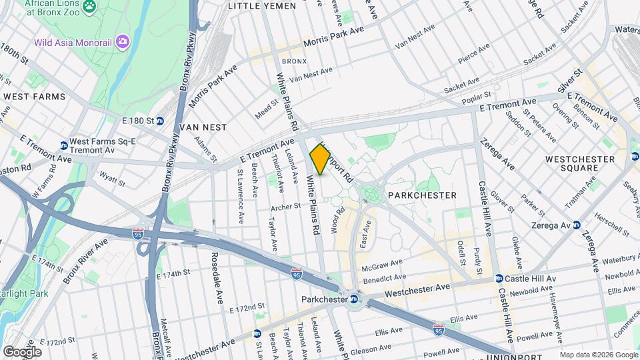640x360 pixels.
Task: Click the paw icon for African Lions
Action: tap(88, 7)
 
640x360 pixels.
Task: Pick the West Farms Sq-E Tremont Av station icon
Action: tap(63, 145)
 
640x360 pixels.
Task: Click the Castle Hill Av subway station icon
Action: tap(498, 278)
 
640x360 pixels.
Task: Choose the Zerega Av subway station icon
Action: tap(577, 225)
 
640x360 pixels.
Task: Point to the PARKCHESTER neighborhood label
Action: tap(423, 195)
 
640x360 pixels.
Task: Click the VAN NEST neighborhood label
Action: tap(203, 127)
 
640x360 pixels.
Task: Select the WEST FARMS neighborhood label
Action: tap(35, 97)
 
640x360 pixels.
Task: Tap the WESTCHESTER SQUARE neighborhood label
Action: tap(579, 163)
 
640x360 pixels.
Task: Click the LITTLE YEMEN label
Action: tap(261, 5)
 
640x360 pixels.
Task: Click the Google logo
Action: tap(22, 352)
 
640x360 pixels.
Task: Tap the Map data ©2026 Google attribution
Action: tap(598, 355)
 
